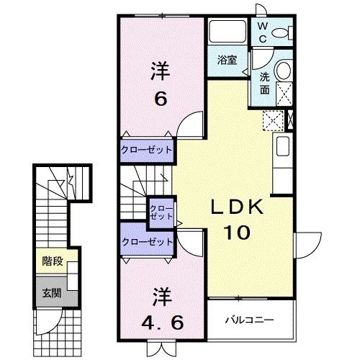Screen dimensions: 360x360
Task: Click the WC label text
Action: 263,32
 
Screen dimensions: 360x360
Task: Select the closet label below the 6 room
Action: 147,150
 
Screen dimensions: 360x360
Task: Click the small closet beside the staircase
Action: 158,212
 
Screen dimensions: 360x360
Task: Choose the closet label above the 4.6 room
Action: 147,242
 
